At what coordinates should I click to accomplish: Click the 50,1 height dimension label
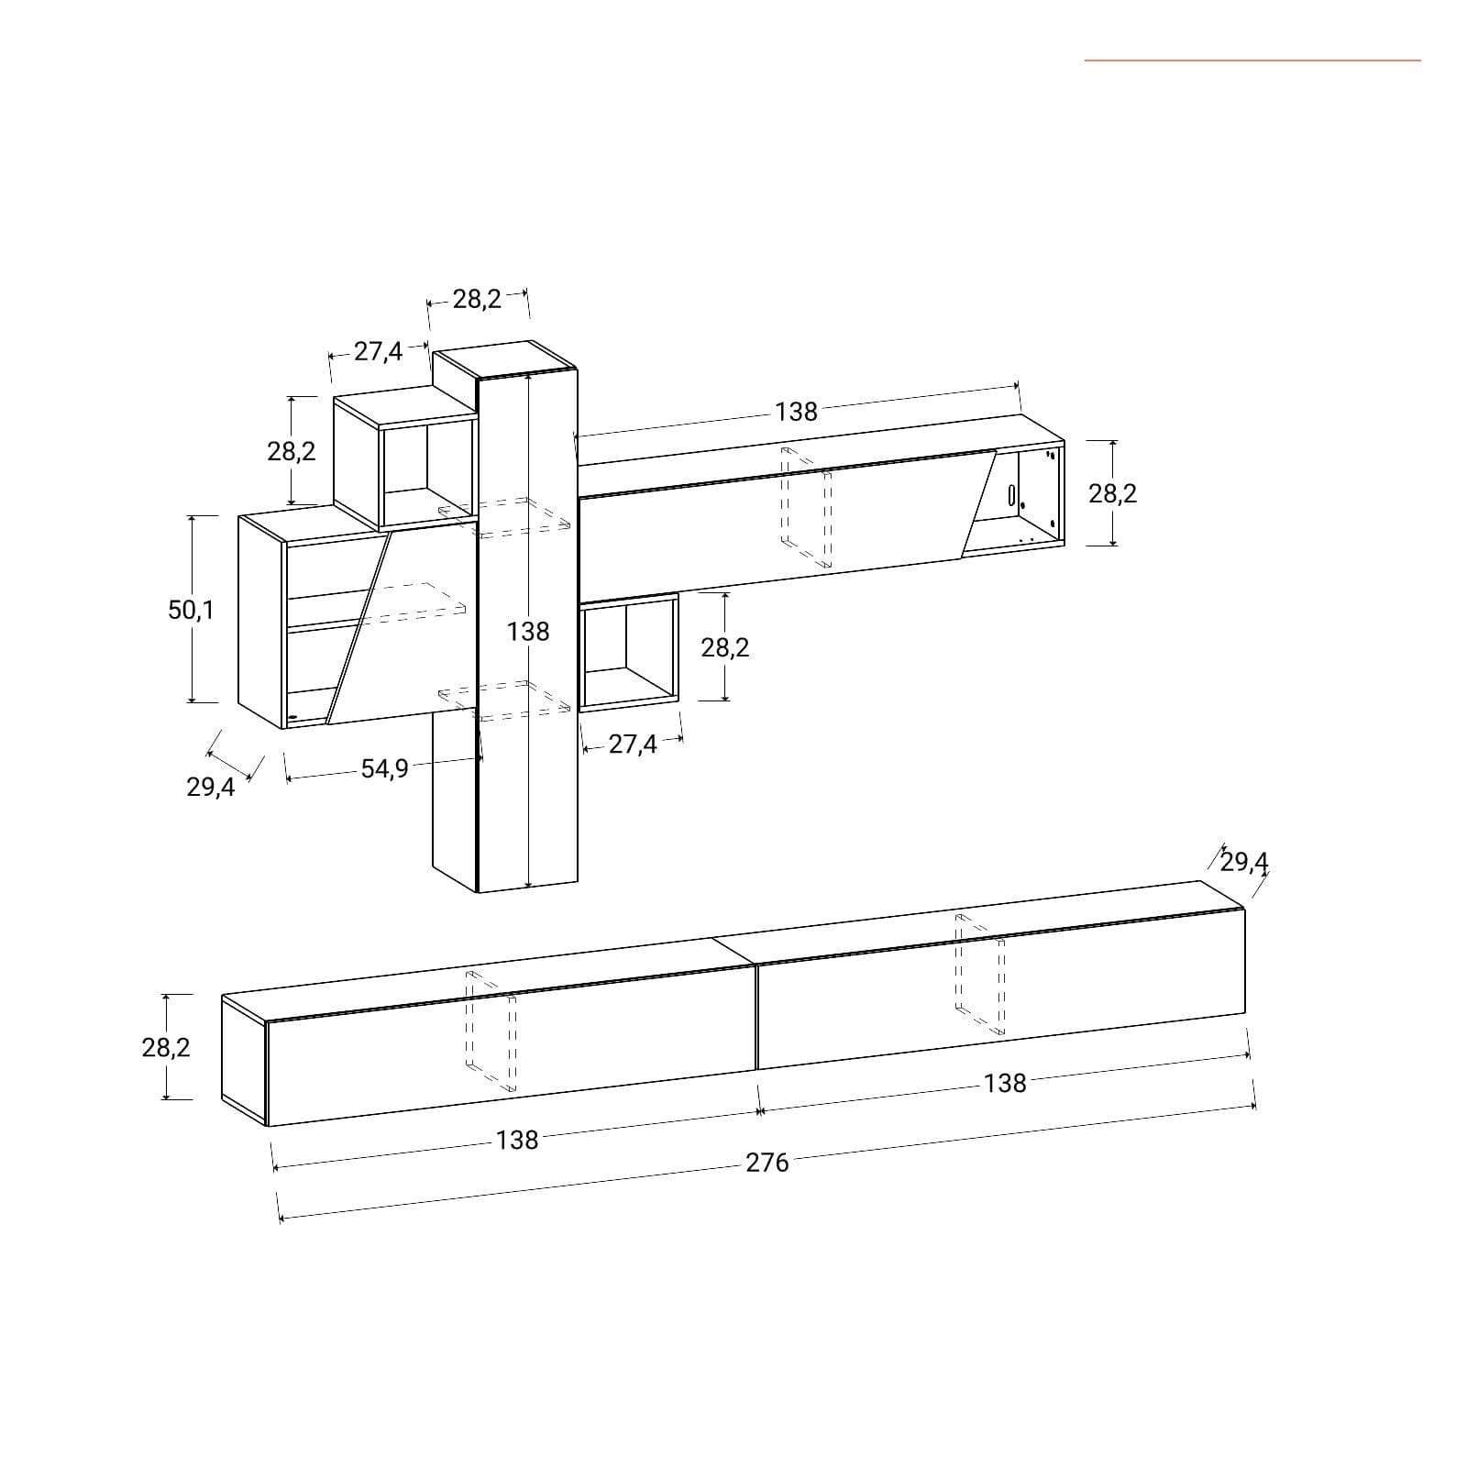(x=191, y=610)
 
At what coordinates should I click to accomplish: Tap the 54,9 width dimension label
(x=384, y=768)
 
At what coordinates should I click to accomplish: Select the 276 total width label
(x=767, y=1163)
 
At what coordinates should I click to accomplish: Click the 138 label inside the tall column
(x=528, y=631)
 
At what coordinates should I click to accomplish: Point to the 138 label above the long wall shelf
(x=796, y=412)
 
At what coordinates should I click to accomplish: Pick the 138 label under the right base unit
(x=1005, y=1084)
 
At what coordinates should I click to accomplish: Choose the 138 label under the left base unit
(x=517, y=1140)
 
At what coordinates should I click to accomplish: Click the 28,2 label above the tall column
(x=477, y=299)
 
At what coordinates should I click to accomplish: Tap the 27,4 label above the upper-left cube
(x=379, y=351)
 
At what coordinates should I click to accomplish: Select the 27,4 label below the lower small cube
(x=633, y=745)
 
